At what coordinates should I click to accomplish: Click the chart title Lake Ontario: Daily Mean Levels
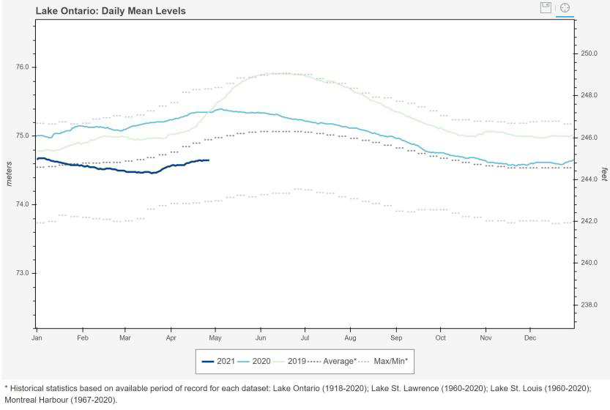(111, 11)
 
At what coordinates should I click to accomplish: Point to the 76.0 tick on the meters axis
(22, 67)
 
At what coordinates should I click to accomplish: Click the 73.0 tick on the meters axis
(22, 273)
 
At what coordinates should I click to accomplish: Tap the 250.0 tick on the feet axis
(589, 53)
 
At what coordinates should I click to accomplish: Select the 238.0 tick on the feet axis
(589, 305)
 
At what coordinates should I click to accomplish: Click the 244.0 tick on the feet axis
(589, 179)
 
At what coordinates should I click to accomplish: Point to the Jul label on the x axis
(305, 338)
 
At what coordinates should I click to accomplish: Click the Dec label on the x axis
(530, 338)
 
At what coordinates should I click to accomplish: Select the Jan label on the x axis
(37, 338)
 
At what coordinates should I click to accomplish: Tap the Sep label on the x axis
(396, 338)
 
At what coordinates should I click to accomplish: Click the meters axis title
(9, 174)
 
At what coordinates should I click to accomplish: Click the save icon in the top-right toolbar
(545, 7)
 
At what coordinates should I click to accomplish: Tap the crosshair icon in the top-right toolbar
(565, 7)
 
